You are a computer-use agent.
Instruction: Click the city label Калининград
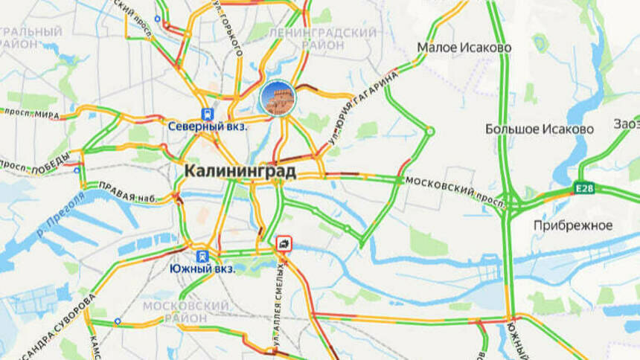point(240,172)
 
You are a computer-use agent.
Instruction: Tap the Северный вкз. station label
point(208,127)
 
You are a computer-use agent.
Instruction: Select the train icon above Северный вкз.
point(207,114)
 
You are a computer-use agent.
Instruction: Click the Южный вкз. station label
point(202,269)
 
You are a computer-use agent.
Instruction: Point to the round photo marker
point(278,99)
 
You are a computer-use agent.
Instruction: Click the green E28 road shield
point(584,189)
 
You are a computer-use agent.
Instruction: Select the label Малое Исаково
point(464,48)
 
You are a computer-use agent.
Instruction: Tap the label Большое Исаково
point(540,129)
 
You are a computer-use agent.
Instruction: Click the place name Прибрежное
point(573,225)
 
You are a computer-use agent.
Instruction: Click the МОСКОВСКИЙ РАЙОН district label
point(185,312)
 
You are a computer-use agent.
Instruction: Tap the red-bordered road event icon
point(284,243)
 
